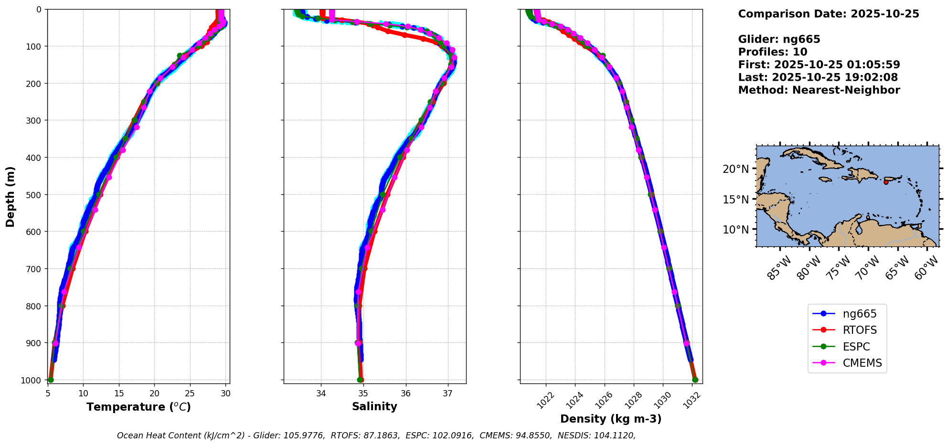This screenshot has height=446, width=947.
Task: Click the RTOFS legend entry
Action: (x=847, y=330)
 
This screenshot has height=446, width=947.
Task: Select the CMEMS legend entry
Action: (x=847, y=363)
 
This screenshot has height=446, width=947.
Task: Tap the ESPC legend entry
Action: (x=847, y=347)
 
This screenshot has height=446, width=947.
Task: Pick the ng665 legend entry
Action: (x=847, y=314)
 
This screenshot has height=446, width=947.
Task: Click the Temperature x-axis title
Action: (x=138, y=407)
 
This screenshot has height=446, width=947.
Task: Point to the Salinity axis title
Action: (x=374, y=407)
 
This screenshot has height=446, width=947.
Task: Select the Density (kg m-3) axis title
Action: (x=611, y=419)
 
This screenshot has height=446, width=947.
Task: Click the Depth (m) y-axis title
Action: (x=11, y=196)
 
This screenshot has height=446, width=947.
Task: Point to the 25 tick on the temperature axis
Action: (x=190, y=393)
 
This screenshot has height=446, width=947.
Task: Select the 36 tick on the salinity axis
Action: (x=405, y=393)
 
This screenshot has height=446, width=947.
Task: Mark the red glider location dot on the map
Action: (x=886, y=182)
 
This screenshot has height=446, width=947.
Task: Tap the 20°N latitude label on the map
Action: (x=735, y=169)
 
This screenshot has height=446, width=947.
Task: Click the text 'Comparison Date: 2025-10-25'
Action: (x=829, y=14)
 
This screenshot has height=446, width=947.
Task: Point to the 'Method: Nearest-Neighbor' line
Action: (x=819, y=90)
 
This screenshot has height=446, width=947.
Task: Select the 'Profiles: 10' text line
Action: (x=773, y=52)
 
